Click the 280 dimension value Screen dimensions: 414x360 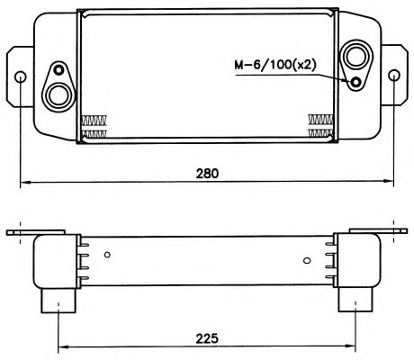(x=207, y=174)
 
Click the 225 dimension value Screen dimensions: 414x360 (x=207, y=338)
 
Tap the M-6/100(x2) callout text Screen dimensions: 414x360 (x=275, y=65)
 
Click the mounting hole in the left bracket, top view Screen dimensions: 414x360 (x=21, y=77)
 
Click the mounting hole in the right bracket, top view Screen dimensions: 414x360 (x=393, y=75)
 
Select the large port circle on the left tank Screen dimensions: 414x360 (x=58, y=95)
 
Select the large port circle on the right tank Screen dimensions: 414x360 (x=356, y=56)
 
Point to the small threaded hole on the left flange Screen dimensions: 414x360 (x=58, y=70)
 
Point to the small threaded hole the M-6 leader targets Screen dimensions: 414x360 (x=356, y=82)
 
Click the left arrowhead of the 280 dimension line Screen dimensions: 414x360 (x=25, y=182)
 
